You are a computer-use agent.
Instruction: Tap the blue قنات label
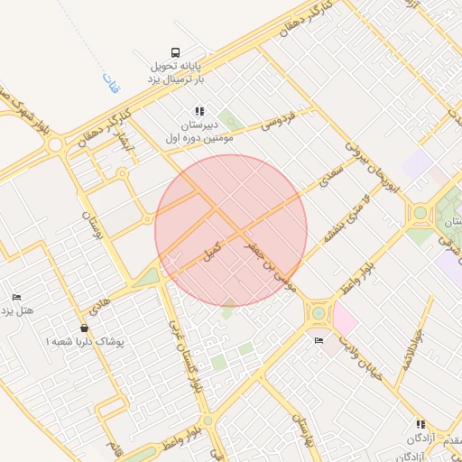[112, 84]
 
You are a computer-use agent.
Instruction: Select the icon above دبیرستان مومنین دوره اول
[199, 111]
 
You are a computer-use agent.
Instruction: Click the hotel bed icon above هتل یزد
[16, 297]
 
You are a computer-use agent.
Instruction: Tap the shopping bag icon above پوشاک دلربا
[84, 328]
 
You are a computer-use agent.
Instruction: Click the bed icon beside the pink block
[319, 340]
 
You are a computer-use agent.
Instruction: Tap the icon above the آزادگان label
[420, 424]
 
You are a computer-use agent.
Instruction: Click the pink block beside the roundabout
[345, 318]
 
